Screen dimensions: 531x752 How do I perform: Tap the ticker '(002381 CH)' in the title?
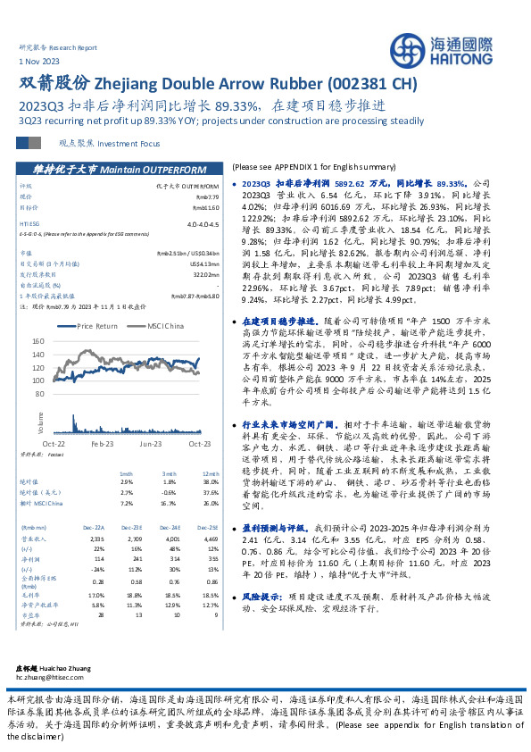coord(366,83)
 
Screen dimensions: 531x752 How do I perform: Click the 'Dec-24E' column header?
coord(172,503)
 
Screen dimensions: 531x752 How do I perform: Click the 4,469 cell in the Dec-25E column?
coord(211,514)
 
